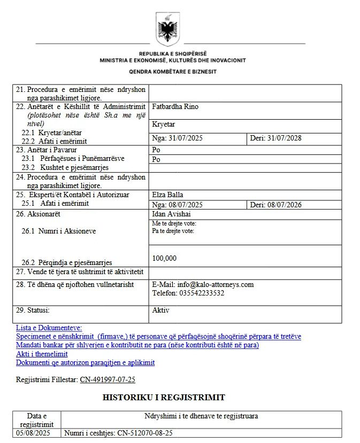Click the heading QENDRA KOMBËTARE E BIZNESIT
[172, 72]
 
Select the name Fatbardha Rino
[175, 107]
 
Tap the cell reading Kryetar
[164, 124]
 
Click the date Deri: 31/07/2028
[275, 138]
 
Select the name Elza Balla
[167, 195]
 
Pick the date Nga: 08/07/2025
[178, 205]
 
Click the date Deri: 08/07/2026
[275, 205]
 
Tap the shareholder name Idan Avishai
[172, 214]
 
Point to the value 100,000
[164, 259]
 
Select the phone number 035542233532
[202, 293]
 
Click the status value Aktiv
[161, 310]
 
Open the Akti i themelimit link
[42, 354]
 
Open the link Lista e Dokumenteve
[49, 328]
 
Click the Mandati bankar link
[137, 345]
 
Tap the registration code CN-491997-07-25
[108, 379]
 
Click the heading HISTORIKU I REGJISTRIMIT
[164, 398]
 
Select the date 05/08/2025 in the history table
[33, 433]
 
